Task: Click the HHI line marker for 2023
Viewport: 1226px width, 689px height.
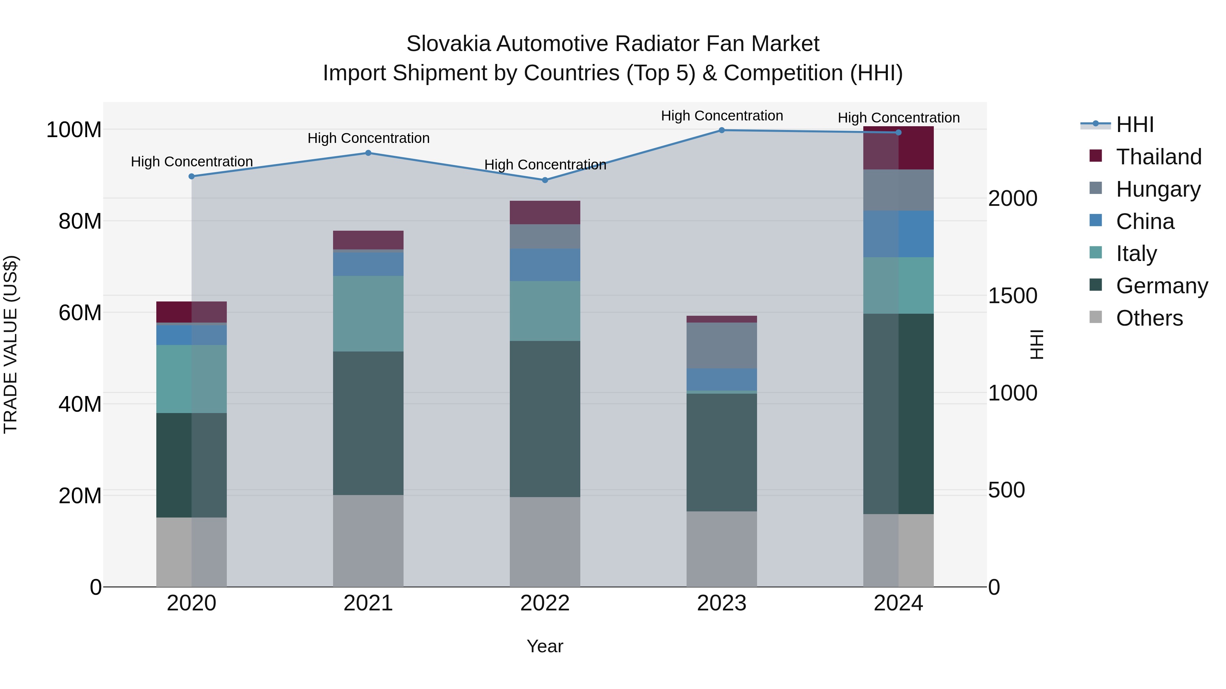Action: tap(722, 130)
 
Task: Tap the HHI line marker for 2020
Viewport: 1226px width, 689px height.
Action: tap(191, 176)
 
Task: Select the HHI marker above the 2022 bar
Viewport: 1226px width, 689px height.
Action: tap(545, 180)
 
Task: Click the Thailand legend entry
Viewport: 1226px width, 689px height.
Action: tap(1159, 157)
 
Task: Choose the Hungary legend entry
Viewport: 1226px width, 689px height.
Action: tap(1158, 189)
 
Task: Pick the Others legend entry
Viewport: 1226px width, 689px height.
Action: tap(1149, 318)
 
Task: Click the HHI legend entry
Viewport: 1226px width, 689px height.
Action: tap(1135, 125)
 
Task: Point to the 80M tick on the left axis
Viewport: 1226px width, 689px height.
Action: tap(80, 222)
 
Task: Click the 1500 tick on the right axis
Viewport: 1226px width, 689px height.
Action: tap(1012, 296)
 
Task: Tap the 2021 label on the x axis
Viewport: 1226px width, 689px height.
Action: tap(368, 603)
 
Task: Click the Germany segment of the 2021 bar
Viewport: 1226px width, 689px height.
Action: tap(368, 423)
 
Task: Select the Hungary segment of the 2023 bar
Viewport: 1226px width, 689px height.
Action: tap(722, 346)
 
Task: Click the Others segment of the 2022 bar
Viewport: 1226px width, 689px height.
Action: tap(545, 542)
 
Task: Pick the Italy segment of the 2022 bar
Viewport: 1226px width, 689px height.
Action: tap(545, 311)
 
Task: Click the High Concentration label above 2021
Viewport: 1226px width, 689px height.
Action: tap(368, 138)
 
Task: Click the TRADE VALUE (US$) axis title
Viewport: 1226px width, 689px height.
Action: tap(11, 344)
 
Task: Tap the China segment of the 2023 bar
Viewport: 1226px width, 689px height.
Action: tap(722, 379)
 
